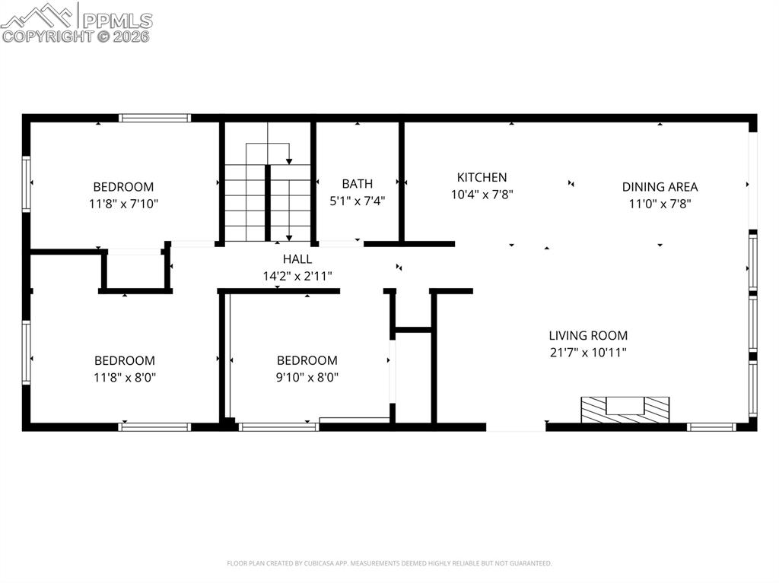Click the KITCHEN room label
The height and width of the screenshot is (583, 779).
(x=482, y=177)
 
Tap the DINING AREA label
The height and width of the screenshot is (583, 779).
(x=660, y=187)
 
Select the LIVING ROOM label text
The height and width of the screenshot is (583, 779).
(x=588, y=335)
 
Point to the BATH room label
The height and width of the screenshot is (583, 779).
(x=358, y=184)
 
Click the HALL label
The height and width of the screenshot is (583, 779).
(x=297, y=258)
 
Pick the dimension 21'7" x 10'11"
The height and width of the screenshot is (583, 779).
(x=588, y=353)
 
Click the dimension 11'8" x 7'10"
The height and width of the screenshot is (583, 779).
(x=124, y=204)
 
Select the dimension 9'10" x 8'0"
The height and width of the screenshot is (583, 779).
(x=307, y=378)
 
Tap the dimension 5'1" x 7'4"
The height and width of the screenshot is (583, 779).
(x=358, y=201)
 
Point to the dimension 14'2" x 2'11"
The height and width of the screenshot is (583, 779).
(x=297, y=276)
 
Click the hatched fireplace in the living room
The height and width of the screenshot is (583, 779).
(x=625, y=410)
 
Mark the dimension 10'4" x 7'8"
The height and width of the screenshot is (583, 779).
(x=482, y=195)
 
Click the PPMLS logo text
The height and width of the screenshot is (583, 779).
(x=117, y=21)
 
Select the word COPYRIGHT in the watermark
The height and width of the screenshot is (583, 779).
(x=48, y=36)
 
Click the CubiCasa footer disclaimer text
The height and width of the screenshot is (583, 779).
(x=389, y=563)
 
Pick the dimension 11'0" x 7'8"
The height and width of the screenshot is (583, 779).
(x=660, y=204)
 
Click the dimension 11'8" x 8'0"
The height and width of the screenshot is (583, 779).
(x=124, y=378)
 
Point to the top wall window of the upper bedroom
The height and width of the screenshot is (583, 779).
(x=154, y=118)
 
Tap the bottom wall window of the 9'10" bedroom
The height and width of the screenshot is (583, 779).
(x=278, y=426)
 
